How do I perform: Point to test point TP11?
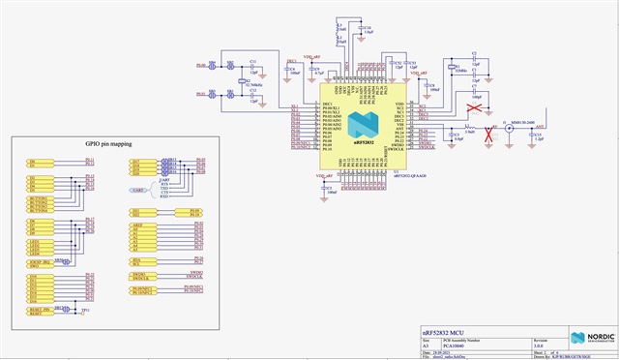pyautogui.click(x=81, y=310)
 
